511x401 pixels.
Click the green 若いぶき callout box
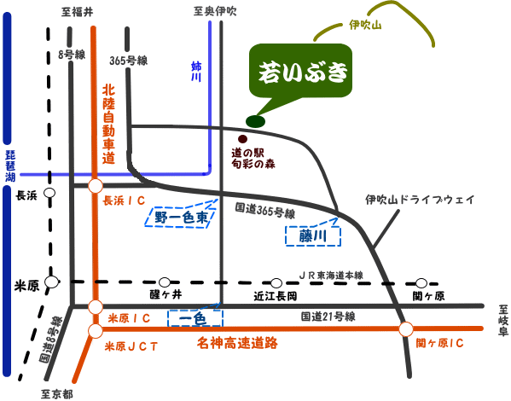tap(300, 71)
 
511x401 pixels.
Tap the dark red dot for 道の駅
tap(242, 139)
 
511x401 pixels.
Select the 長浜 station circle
tap(49, 193)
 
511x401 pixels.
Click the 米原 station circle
tap(51, 282)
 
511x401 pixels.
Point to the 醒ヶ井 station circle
tap(165, 282)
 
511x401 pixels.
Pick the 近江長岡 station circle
tap(276, 282)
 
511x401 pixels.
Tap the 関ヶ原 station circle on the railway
tap(421, 283)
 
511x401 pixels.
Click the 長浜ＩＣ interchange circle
tap(96, 186)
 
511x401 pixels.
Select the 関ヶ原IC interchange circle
tap(406, 329)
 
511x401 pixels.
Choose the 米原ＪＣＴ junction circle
tap(96, 331)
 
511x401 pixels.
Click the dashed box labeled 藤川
tap(313, 235)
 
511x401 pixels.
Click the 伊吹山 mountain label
tap(365, 25)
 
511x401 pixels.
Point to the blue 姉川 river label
tap(196, 72)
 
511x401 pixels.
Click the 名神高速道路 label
tap(237, 343)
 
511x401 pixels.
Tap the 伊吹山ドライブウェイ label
tap(420, 199)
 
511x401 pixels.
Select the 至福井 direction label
tap(78, 12)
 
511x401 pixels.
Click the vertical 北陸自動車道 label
tap(108, 125)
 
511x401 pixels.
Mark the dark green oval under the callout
tap(255, 122)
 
